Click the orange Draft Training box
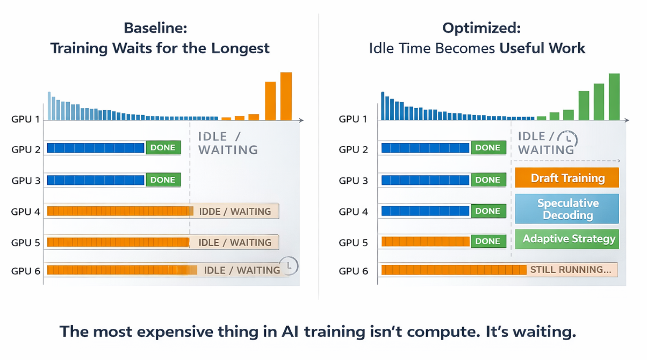tap(567, 178)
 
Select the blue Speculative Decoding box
tap(567, 209)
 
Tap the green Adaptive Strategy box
tap(567, 239)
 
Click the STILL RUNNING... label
tap(571, 270)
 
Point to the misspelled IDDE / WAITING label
tap(235, 211)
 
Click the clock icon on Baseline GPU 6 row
tap(290, 265)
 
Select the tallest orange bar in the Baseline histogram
tap(286, 96)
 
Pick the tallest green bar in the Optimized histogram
tap(614, 97)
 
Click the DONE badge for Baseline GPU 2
tap(163, 148)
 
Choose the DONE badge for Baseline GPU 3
tap(163, 180)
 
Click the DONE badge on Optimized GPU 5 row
tap(488, 241)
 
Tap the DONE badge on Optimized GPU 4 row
tap(488, 211)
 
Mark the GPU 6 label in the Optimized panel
tap(354, 271)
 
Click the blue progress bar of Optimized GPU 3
tap(426, 180)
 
